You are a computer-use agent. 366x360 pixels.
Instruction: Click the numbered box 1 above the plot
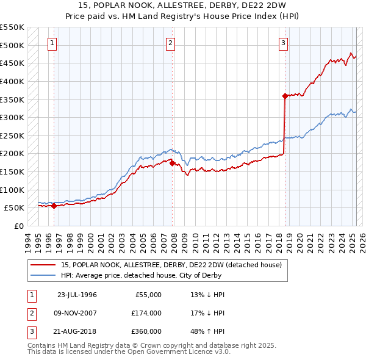point(52,43)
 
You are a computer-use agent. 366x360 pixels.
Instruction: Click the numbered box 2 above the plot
point(170,43)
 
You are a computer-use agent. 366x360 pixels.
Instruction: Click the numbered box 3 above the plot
point(284,43)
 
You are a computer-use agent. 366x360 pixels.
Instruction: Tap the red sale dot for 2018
point(285,96)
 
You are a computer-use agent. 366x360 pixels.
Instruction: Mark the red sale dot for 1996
point(54,206)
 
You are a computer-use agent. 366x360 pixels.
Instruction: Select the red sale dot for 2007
point(172,163)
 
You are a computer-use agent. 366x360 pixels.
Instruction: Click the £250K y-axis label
point(13,135)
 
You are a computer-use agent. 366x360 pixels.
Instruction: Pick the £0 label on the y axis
point(18,226)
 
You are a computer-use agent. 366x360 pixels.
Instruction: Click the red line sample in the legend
point(43,265)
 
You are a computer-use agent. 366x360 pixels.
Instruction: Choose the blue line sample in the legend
point(43,275)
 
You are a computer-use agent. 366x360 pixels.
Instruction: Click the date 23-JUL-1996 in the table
point(77,295)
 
